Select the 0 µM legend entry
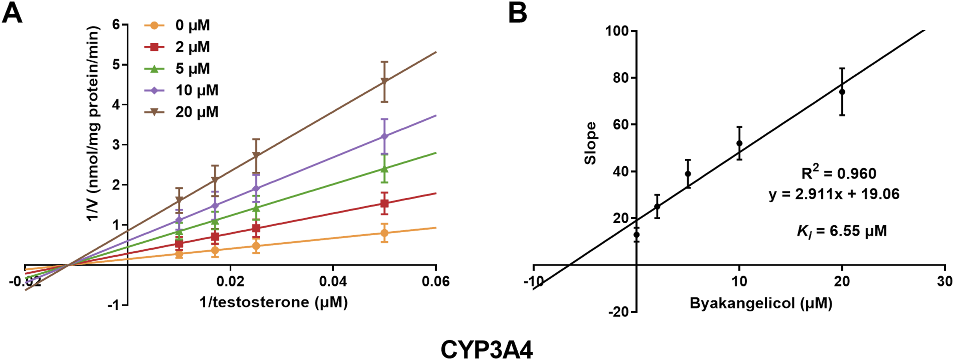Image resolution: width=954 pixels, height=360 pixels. point(177,25)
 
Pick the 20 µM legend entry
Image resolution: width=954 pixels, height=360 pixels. point(181,112)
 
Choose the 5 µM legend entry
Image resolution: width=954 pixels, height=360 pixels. point(177,68)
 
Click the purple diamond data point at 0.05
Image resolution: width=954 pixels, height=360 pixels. point(385,137)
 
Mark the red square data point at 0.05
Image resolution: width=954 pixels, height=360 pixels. point(385,203)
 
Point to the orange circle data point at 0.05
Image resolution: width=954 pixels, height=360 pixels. point(385,233)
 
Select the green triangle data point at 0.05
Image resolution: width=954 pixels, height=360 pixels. point(385,169)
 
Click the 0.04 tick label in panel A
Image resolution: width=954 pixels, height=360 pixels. point(333,281)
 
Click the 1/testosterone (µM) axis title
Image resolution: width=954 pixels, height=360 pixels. point(274,302)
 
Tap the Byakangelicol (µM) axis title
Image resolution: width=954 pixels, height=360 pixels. point(761,304)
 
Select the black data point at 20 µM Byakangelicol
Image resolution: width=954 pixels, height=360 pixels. point(842,92)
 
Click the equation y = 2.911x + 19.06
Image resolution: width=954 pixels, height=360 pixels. point(834,194)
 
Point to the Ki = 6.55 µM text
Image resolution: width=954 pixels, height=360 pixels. point(842,231)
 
